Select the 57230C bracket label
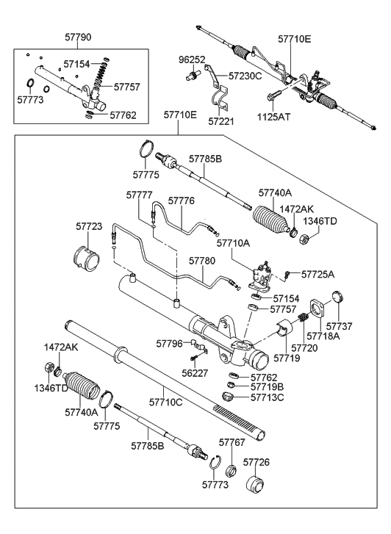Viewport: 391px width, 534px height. (245, 75)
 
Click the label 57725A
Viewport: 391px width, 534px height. (318, 274)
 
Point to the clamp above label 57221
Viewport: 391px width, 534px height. (218, 100)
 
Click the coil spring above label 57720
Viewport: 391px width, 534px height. (301, 320)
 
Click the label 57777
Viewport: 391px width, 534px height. (139, 194)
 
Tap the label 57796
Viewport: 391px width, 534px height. (170, 342)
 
